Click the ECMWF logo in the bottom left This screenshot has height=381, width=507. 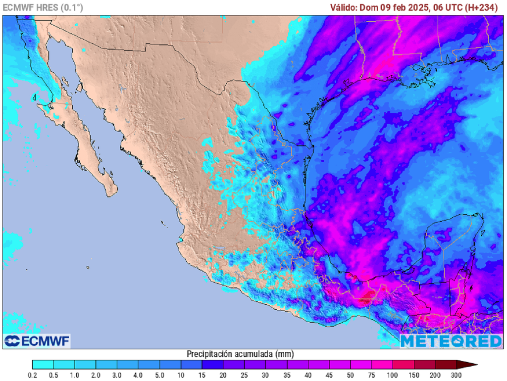click(37, 341)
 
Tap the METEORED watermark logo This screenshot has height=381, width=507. click(451, 341)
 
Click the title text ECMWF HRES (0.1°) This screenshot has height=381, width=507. click(43, 7)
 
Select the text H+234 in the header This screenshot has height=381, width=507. click(482, 7)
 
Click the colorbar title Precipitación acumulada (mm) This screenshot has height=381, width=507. click(241, 354)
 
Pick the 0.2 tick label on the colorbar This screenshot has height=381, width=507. click(32, 376)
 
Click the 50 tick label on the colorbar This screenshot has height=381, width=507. click(351, 376)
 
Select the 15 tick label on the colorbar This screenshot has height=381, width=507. click(202, 376)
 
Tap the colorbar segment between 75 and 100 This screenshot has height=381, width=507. click(382, 365)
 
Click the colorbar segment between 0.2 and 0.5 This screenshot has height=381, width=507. click(43, 365)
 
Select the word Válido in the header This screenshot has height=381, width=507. click(344, 7)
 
